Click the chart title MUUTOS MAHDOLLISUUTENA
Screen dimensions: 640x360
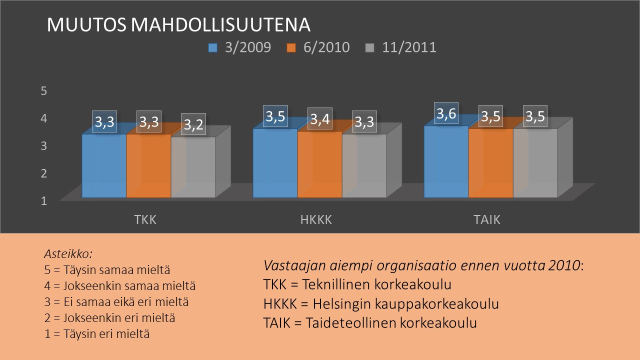tap(178, 24)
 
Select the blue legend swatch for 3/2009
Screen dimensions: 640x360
tap(212, 47)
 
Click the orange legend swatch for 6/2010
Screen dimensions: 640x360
tap(291, 47)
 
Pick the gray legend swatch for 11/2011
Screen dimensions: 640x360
tap(369, 47)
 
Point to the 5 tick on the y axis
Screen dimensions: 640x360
tap(43, 91)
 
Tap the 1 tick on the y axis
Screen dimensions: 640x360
tap(43, 201)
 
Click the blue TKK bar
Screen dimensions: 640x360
tap(104, 165)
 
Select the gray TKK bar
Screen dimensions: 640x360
tap(193, 167)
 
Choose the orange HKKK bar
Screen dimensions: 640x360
tap(319, 164)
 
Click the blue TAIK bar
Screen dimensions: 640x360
tap(446, 161)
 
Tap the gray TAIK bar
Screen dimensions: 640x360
tap(535, 163)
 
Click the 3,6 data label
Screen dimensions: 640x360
tap(446, 113)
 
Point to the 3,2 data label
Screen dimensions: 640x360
tap(193, 124)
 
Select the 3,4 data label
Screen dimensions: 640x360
tap(319, 118)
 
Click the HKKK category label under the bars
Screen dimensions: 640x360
tap(316, 220)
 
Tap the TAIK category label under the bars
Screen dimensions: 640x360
tap(487, 220)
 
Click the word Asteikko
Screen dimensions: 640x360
tap(68, 253)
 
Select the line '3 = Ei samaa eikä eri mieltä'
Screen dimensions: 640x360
tap(116, 302)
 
